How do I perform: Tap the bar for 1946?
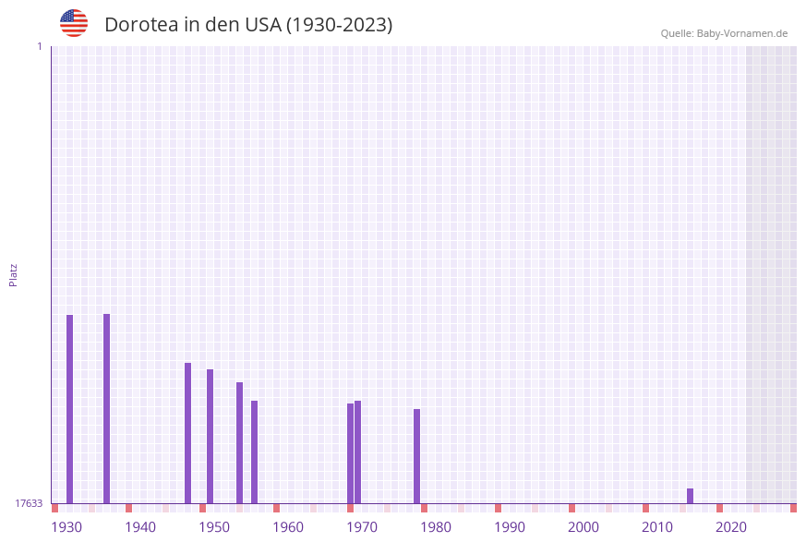coord(187,433)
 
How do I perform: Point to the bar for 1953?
coord(239,442)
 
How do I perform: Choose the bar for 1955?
coord(254,452)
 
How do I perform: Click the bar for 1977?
coord(416,456)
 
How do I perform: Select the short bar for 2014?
coord(690,496)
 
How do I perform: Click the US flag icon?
coord(74,23)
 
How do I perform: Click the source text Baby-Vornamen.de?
coord(742,33)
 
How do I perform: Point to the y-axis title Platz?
coord(14,274)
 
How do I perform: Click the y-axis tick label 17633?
coord(29,503)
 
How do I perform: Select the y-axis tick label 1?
coord(40,46)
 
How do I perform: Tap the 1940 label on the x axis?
coord(140,527)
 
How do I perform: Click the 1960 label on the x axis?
coord(288,527)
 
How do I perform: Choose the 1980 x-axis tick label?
coord(436,527)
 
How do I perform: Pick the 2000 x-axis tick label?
coord(583,527)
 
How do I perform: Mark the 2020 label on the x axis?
coord(731,527)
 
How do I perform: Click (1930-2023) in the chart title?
coord(339,25)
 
